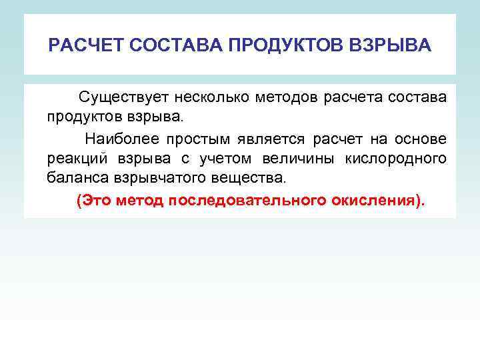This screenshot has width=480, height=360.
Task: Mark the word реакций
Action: pos(71,159)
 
